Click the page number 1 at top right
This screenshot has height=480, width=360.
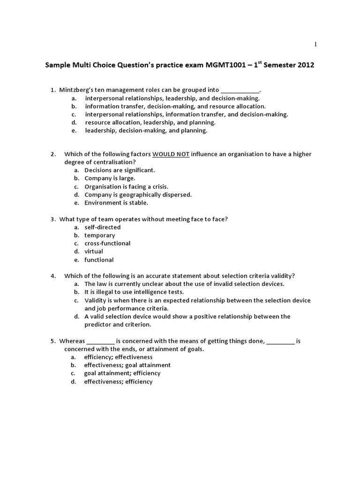[315, 45]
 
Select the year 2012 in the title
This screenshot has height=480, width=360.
[306, 66]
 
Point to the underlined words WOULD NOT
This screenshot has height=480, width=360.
[171, 154]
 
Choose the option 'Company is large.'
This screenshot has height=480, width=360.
[110, 178]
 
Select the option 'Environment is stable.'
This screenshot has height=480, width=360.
[116, 202]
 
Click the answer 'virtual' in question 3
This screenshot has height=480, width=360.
[94, 251]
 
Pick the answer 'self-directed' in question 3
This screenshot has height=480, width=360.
[102, 227]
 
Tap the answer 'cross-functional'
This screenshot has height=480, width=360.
[107, 243]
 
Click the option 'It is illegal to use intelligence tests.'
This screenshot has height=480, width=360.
[134, 292]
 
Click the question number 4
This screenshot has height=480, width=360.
[53, 276]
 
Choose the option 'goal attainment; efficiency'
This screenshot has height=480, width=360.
[122, 373]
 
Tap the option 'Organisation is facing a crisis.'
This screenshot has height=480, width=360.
[126, 186]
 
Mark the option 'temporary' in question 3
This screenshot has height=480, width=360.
[99, 235]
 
